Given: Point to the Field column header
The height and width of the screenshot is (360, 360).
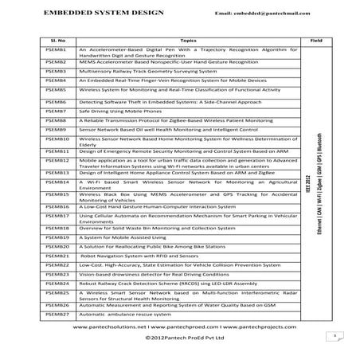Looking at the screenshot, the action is coord(315,37).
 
